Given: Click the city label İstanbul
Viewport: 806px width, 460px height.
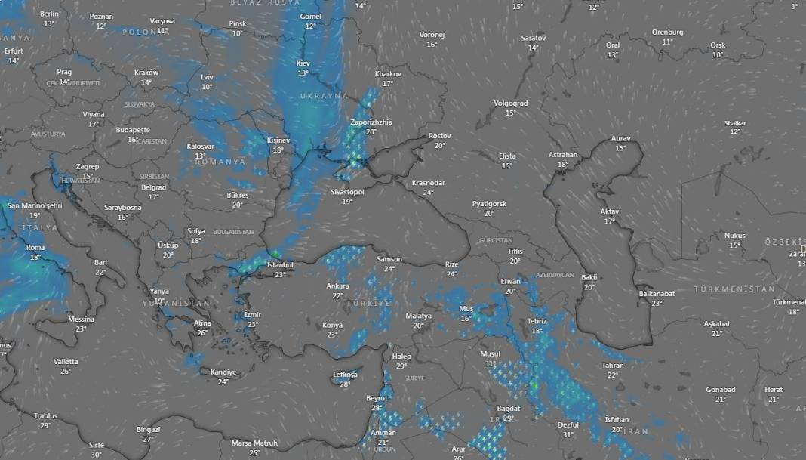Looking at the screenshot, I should click(280, 265).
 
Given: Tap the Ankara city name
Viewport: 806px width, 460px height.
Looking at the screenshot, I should click(337, 286).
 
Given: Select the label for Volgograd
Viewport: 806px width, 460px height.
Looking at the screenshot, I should click(511, 103).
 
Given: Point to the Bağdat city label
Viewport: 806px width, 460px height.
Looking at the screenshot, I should click(509, 409).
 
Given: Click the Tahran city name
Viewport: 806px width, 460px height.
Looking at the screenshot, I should click(613, 366).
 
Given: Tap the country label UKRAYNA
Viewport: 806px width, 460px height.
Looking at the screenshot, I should click(324, 96).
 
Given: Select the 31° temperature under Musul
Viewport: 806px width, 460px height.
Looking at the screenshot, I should click(490, 363).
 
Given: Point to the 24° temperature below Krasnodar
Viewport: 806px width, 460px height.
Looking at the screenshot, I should click(428, 193).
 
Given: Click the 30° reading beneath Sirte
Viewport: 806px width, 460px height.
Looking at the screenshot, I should click(96, 455).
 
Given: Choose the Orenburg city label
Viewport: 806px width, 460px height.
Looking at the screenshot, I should click(668, 32).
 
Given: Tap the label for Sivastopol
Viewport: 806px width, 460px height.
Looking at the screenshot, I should click(347, 192).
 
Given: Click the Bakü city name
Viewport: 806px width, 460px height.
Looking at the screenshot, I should click(589, 277).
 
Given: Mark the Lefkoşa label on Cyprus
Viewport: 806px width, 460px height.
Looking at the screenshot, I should click(345, 375).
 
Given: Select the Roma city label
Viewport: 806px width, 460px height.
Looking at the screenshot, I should click(35, 247).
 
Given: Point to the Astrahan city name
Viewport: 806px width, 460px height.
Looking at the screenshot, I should click(563, 155).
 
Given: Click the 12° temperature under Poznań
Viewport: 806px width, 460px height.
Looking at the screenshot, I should click(101, 26).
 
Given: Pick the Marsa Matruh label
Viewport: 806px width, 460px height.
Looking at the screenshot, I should click(254, 443).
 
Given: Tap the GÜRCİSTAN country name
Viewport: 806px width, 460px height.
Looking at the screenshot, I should click(495, 240).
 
